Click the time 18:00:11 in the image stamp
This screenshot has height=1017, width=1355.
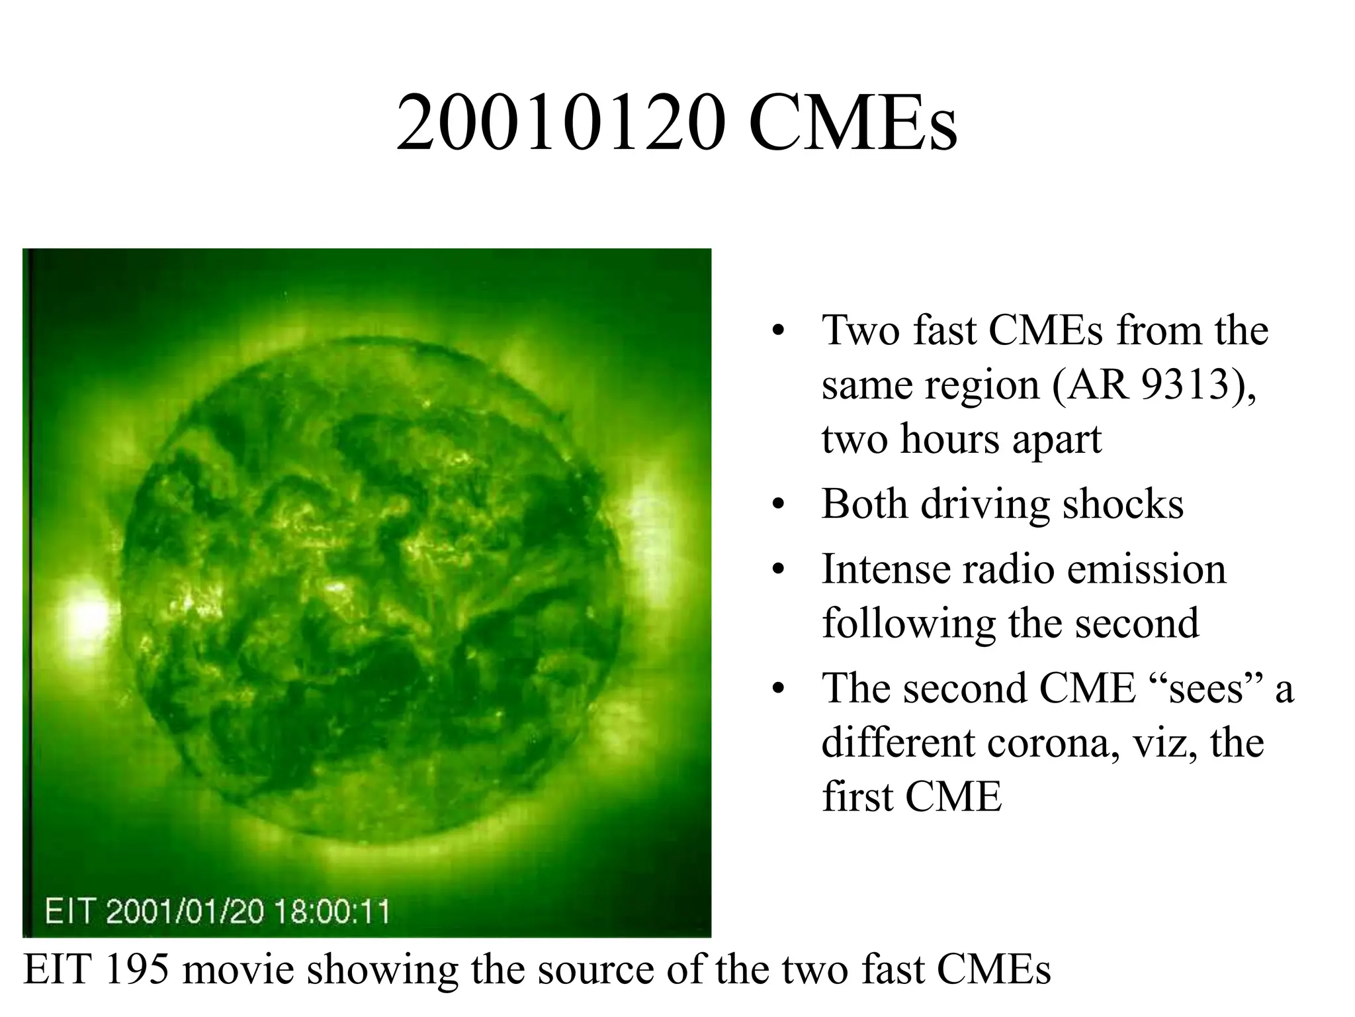[x=332, y=912]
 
